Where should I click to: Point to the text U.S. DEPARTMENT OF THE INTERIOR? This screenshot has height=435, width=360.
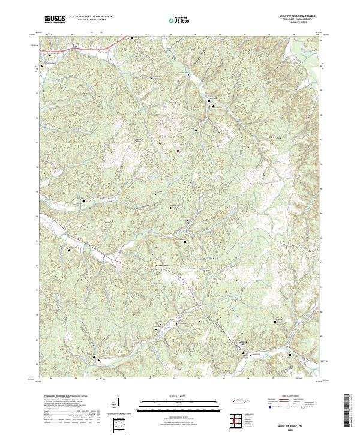pyautogui.click(x=91, y=17)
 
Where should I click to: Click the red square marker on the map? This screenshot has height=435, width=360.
pyautogui.click(x=178, y=151)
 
